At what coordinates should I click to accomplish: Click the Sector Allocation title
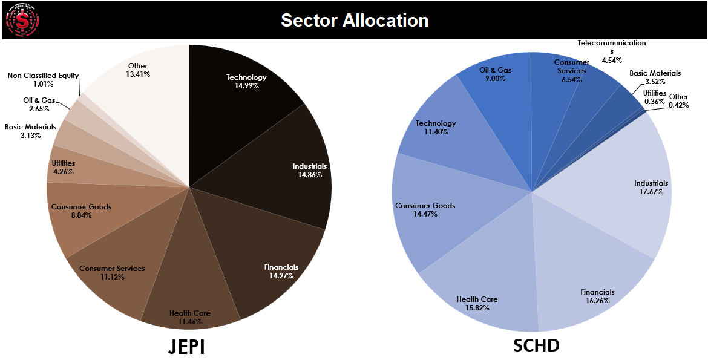coord(355,20)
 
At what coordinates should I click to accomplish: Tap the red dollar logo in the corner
coord(22,21)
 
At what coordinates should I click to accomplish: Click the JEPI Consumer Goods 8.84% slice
coord(85,212)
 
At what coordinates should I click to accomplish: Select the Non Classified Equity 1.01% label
coord(43,80)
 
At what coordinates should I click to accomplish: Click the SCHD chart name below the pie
coord(536,345)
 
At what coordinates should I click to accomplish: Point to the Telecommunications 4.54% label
coord(611,51)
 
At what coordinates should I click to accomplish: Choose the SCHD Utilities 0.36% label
coord(654,97)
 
